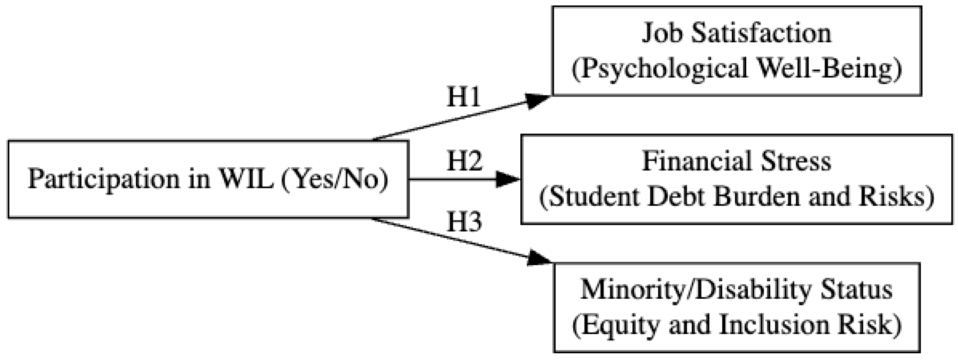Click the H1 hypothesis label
tap(463, 98)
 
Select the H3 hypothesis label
tap(464, 222)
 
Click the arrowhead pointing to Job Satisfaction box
tap(538, 100)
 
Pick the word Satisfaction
tap(760, 33)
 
